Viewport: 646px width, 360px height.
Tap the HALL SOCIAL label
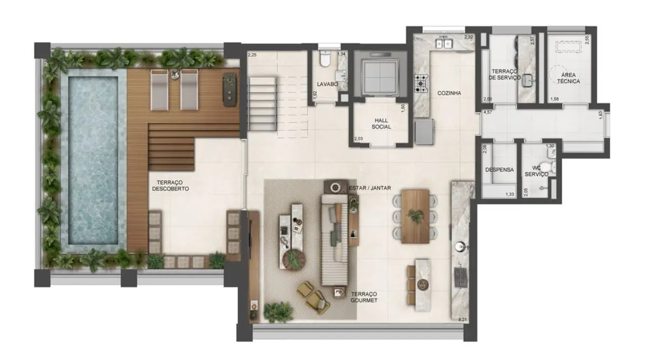[x=381, y=123]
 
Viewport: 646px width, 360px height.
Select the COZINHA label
[x=449, y=93]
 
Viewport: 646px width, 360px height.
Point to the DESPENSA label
[x=499, y=170]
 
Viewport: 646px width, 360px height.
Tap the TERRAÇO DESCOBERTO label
[x=170, y=185]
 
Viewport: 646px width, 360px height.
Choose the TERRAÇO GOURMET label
[x=363, y=296]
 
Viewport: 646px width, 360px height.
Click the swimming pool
[x=93, y=163]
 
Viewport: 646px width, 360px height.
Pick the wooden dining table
[x=415, y=215]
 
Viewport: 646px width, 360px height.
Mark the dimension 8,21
[x=463, y=320]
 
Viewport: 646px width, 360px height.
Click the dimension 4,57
[x=488, y=112]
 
